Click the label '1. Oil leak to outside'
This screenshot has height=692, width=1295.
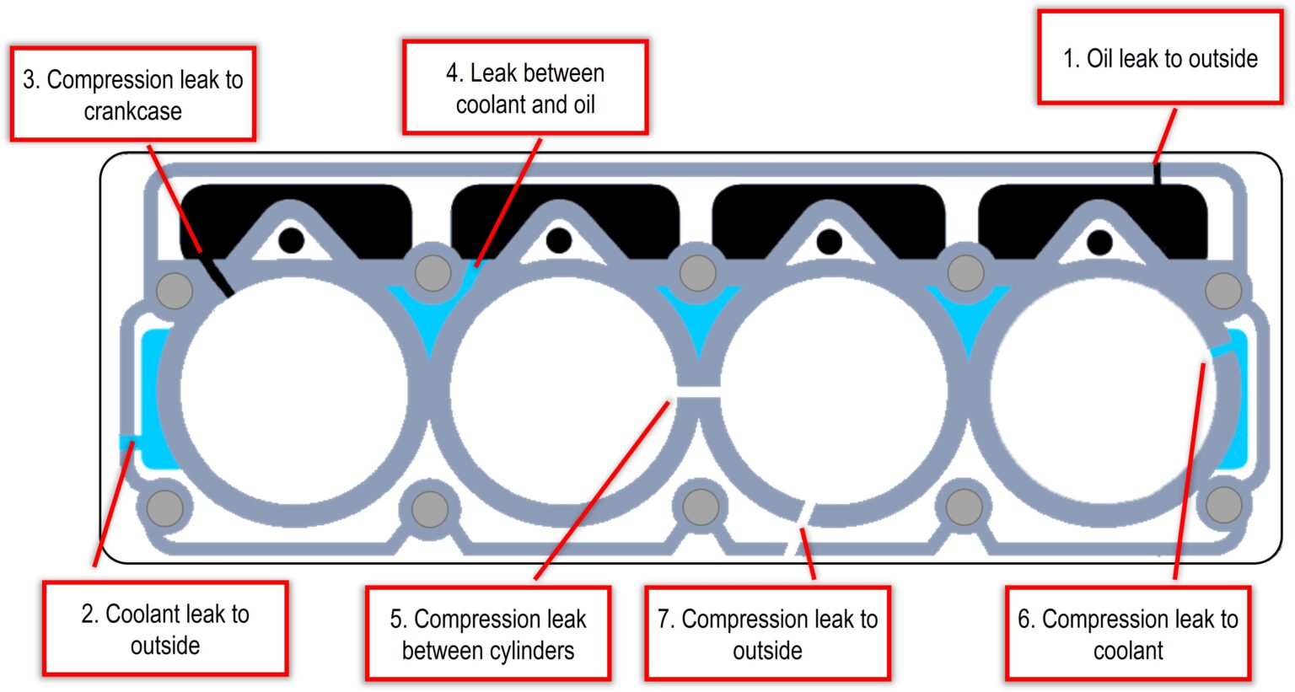[x=1160, y=58]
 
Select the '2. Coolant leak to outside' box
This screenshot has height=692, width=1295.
[x=165, y=629]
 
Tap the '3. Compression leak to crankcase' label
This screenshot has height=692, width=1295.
[x=132, y=94]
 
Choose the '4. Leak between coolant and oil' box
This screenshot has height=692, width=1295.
[x=525, y=89]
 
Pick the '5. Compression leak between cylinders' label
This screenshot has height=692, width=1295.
[x=488, y=634]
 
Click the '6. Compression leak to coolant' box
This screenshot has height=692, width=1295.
[x=1128, y=634]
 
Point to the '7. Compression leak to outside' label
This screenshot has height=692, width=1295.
[x=767, y=634]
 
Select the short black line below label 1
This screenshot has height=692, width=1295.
[x=1158, y=174]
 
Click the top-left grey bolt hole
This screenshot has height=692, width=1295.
[x=175, y=291]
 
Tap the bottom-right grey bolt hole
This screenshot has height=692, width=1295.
[x=1223, y=506]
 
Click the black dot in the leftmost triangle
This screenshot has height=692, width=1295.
[x=291, y=240]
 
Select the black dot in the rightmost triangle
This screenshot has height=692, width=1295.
[x=1099, y=243]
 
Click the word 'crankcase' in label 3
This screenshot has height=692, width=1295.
[x=132, y=111]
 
